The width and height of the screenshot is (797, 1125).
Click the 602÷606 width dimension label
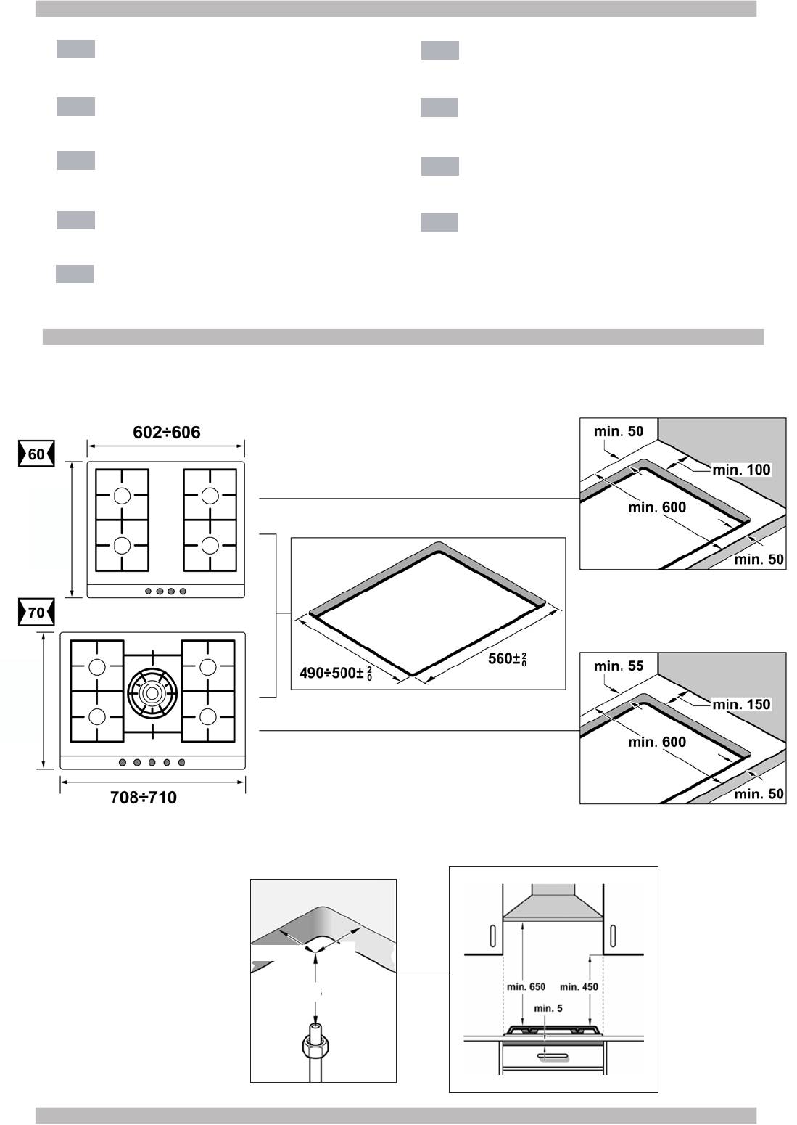pyautogui.click(x=166, y=433)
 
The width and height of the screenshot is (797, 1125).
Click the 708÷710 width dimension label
pyautogui.click(x=143, y=798)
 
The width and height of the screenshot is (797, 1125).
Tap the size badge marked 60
pyautogui.click(x=36, y=455)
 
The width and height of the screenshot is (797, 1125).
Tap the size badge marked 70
pyautogui.click(x=36, y=613)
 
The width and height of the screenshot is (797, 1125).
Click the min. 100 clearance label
pyautogui.click(x=741, y=470)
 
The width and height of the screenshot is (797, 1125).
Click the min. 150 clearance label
pyautogui.click(x=741, y=705)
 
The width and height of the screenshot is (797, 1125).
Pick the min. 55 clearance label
pyautogui.click(x=618, y=666)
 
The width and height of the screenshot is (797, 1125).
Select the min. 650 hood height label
pyautogui.click(x=526, y=986)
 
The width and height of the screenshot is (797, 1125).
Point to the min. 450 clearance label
pyautogui.click(x=579, y=986)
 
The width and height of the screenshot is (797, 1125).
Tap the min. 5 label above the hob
pyautogui.click(x=548, y=1008)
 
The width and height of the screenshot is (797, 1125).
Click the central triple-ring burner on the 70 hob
pyautogui.click(x=152, y=690)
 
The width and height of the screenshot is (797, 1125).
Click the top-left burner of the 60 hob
pyautogui.click(x=121, y=496)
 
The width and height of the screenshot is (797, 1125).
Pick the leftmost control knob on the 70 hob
pyautogui.click(x=121, y=762)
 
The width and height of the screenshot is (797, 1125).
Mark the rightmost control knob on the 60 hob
pyautogui.click(x=183, y=592)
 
